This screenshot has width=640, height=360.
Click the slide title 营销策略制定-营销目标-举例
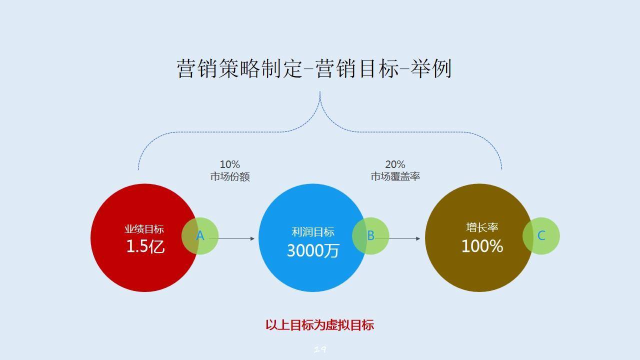[314, 68]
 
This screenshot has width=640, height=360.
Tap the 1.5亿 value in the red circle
[145, 246]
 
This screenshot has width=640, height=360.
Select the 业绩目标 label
[144, 229]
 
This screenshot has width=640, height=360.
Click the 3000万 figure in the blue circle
[313, 250]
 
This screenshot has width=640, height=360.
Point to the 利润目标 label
[313, 232]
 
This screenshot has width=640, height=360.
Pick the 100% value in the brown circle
[482, 246]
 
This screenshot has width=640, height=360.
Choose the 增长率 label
[482, 227]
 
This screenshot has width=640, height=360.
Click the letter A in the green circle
[200, 235]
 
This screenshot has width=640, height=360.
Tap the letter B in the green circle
[370, 235]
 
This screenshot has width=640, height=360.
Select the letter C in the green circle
[541, 235]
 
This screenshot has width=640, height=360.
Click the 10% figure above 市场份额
[229, 164]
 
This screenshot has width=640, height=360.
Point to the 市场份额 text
[230, 176]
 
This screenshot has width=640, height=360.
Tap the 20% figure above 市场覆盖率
[395, 164]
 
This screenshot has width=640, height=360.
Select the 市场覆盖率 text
[395, 176]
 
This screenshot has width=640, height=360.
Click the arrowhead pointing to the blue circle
[252, 238]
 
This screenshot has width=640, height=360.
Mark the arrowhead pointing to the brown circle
[418, 238]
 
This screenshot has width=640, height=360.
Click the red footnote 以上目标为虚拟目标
[319, 325]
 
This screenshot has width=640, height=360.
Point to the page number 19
[320, 349]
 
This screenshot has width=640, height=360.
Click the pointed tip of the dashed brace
[320, 92]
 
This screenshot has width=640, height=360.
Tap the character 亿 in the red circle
[157, 246]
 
